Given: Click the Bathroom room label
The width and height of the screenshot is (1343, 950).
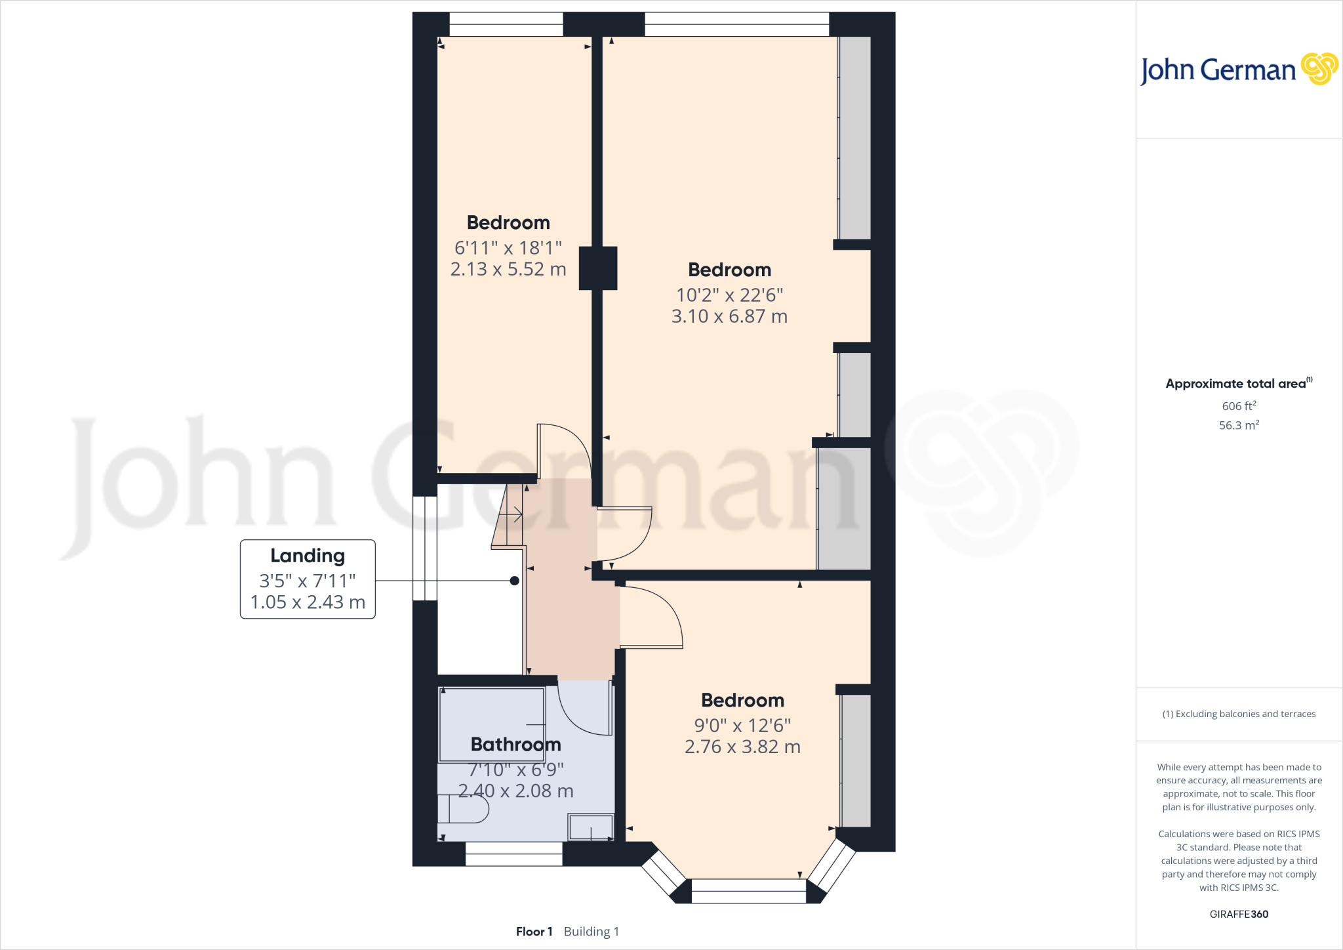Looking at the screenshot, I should pyautogui.click(x=515, y=745).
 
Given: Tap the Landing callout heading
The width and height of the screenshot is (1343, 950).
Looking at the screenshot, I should pyautogui.click(x=308, y=556).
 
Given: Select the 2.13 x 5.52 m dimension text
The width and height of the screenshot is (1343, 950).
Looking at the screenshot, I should pyautogui.click(x=508, y=269).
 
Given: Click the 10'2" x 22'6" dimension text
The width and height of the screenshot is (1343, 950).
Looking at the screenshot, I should pyautogui.click(x=729, y=295).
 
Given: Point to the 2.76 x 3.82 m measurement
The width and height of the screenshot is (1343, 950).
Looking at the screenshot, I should pyautogui.click(x=742, y=747).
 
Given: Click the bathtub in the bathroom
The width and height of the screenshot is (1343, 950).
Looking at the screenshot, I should pyautogui.click(x=491, y=724).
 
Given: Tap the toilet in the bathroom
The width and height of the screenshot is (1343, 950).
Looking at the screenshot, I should pyautogui.click(x=464, y=809).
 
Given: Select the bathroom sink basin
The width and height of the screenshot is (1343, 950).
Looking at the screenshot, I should pyautogui.click(x=590, y=827).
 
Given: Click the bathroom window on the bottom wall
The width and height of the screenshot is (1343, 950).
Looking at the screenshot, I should pyautogui.click(x=514, y=854).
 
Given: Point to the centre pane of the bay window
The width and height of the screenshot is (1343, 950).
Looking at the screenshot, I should pyautogui.click(x=748, y=891).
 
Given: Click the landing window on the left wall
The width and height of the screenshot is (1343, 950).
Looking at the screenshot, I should pyautogui.click(x=424, y=548).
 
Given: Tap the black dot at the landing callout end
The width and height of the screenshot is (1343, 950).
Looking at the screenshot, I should pyautogui.click(x=515, y=581).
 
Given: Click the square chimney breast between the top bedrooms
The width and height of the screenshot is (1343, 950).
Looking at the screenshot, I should pyautogui.click(x=598, y=268).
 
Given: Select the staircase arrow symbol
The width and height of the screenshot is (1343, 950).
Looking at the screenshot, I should pyautogui.click(x=515, y=515).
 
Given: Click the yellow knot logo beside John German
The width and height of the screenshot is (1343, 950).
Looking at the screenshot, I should pyautogui.click(x=1319, y=69).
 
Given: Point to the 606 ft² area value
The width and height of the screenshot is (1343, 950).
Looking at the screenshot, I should pyautogui.click(x=1239, y=406).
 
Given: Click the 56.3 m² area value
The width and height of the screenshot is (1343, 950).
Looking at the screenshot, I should pyautogui.click(x=1239, y=425).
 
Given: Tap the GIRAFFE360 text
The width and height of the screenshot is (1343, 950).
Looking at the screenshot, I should pyautogui.click(x=1239, y=914).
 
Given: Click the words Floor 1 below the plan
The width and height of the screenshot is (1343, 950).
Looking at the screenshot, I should pyautogui.click(x=534, y=932).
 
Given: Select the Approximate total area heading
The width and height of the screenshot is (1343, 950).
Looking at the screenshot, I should pyautogui.click(x=1235, y=384).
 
